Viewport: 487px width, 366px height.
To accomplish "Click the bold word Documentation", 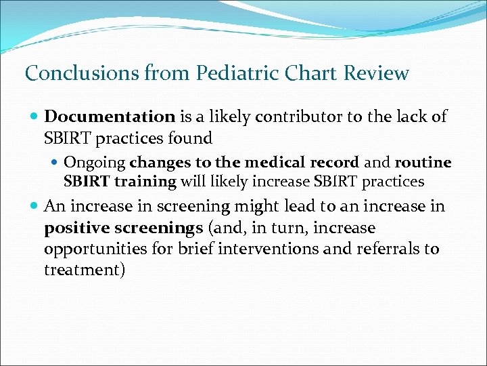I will point(110,117).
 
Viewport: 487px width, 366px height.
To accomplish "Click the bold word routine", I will point(423,163).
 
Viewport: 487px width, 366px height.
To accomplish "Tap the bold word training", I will point(143,182).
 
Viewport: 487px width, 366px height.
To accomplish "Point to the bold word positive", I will point(72,228).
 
